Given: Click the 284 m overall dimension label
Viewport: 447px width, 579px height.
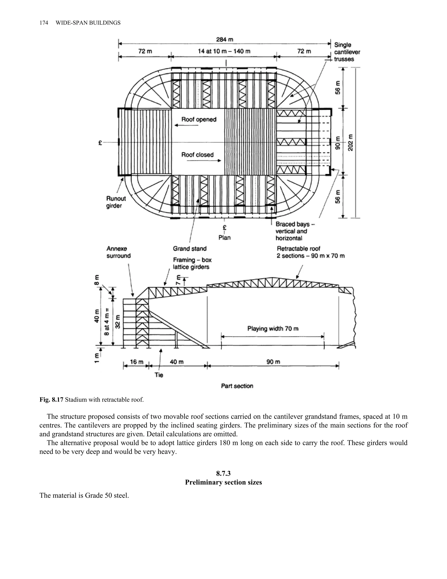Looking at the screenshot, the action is click(x=225, y=40).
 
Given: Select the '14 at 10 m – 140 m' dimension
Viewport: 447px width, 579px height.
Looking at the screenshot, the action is click(x=224, y=51).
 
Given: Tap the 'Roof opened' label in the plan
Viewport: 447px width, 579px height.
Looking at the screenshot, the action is click(x=199, y=120).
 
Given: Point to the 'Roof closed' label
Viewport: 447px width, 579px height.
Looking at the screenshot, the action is click(x=197, y=154).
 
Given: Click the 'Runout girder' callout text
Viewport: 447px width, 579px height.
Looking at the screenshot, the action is click(x=116, y=202).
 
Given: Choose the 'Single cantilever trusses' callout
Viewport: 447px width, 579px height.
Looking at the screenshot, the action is click(x=347, y=52).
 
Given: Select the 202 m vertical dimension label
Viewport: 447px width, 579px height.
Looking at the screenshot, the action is click(x=350, y=143).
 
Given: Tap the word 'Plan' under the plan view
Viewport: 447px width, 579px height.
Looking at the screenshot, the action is click(x=225, y=237).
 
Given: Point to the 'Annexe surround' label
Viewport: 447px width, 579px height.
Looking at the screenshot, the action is click(x=118, y=252).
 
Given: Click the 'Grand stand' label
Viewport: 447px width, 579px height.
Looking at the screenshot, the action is click(x=190, y=249).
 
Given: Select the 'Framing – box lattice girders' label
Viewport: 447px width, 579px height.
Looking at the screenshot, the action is click(x=192, y=263).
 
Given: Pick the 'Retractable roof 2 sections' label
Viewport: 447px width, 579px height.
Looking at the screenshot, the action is click(x=310, y=252).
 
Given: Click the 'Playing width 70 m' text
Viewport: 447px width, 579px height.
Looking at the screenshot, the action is click(x=273, y=329).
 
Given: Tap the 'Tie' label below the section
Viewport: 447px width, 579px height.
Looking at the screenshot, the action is click(x=159, y=375).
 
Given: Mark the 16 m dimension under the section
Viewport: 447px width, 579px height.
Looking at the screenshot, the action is click(x=137, y=362).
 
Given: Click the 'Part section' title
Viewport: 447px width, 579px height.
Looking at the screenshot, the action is click(x=237, y=386).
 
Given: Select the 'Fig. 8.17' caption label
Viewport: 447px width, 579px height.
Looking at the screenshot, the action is click(x=51, y=400).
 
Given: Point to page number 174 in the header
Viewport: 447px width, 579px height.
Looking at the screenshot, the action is click(x=44, y=23).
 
